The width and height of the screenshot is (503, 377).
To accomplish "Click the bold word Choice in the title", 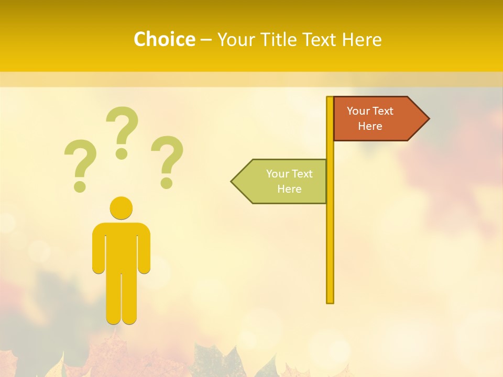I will tap(164, 39).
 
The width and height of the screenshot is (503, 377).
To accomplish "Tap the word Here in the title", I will tap(362, 39).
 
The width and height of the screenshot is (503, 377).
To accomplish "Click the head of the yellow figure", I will tap(121, 208).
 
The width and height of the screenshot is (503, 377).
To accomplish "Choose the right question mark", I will tap(167, 160).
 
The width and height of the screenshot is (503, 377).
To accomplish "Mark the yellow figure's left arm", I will tap(99, 249).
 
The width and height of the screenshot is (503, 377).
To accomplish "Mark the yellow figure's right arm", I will tap(144, 249).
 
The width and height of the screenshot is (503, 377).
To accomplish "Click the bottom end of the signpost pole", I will tap(330, 301).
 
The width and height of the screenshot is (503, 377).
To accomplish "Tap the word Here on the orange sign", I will tap(370, 126).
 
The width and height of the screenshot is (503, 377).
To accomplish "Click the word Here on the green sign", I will tap(289, 189).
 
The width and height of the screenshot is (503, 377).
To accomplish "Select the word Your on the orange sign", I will tap(358, 111).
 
